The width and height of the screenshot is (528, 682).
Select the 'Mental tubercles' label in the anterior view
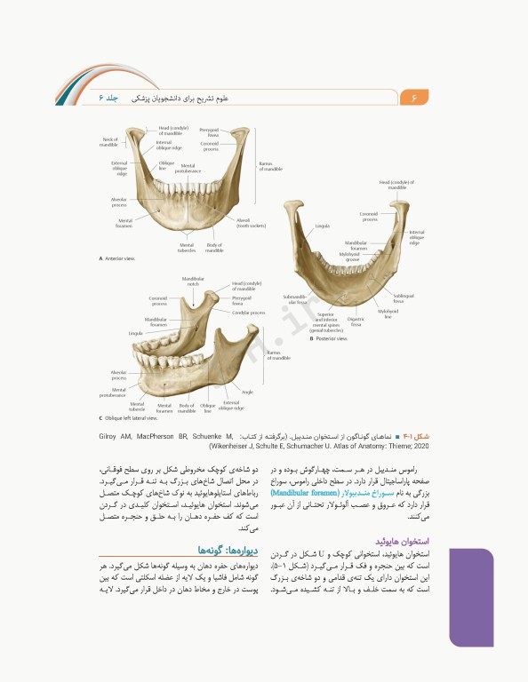click(x=187, y=248)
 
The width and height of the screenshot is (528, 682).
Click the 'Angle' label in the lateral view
click(x=248, y=391)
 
